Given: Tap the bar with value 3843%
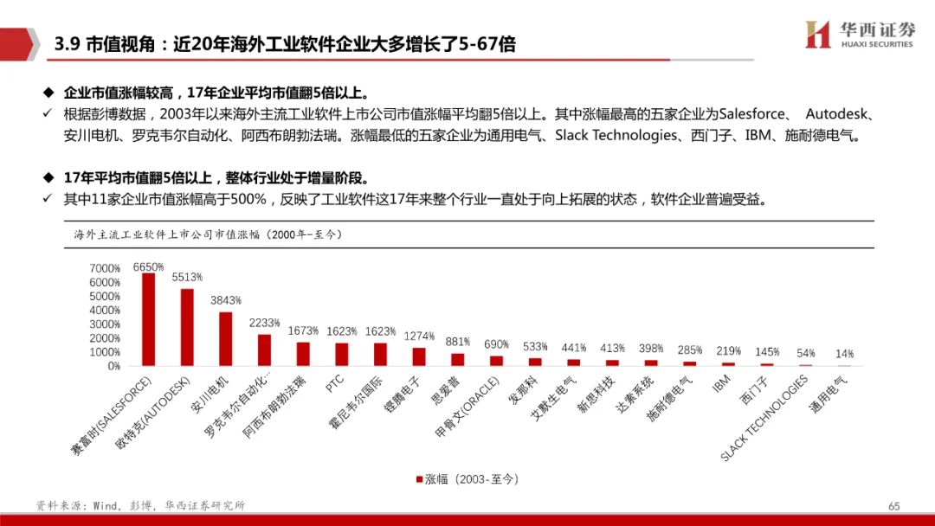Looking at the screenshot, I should click(226, 338).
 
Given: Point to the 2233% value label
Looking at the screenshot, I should click(265, 323).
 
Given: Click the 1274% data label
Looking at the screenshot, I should click(419, 336).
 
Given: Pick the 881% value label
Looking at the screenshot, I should click(458, 341).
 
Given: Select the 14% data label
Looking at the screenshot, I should click(844, 353).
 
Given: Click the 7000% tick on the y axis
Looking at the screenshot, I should click(105, 268).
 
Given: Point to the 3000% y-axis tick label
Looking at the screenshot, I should click(105, 324).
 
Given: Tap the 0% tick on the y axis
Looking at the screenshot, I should click(113, 366).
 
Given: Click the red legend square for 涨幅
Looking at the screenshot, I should click(419, 478).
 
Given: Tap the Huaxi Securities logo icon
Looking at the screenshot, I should click(817, 35).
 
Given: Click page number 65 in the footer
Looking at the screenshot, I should click(894, 505).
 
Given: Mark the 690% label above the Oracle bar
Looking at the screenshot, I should click(496, 344).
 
